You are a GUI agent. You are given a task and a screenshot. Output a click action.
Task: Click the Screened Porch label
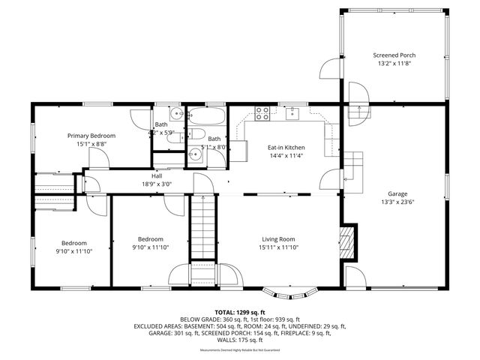point(394,55)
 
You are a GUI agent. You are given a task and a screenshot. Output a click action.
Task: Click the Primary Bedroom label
point(91,136)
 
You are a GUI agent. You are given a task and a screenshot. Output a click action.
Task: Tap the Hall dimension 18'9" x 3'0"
point(157,183)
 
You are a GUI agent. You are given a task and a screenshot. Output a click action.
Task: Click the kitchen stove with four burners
point(262,114)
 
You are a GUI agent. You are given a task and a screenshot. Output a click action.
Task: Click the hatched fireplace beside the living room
point(346,242)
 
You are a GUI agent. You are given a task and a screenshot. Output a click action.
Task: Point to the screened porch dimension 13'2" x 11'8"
point(394,64)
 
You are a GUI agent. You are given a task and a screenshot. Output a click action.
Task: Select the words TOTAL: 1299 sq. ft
point(240,312)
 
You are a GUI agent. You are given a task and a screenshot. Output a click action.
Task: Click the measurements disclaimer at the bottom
point(240,350)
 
